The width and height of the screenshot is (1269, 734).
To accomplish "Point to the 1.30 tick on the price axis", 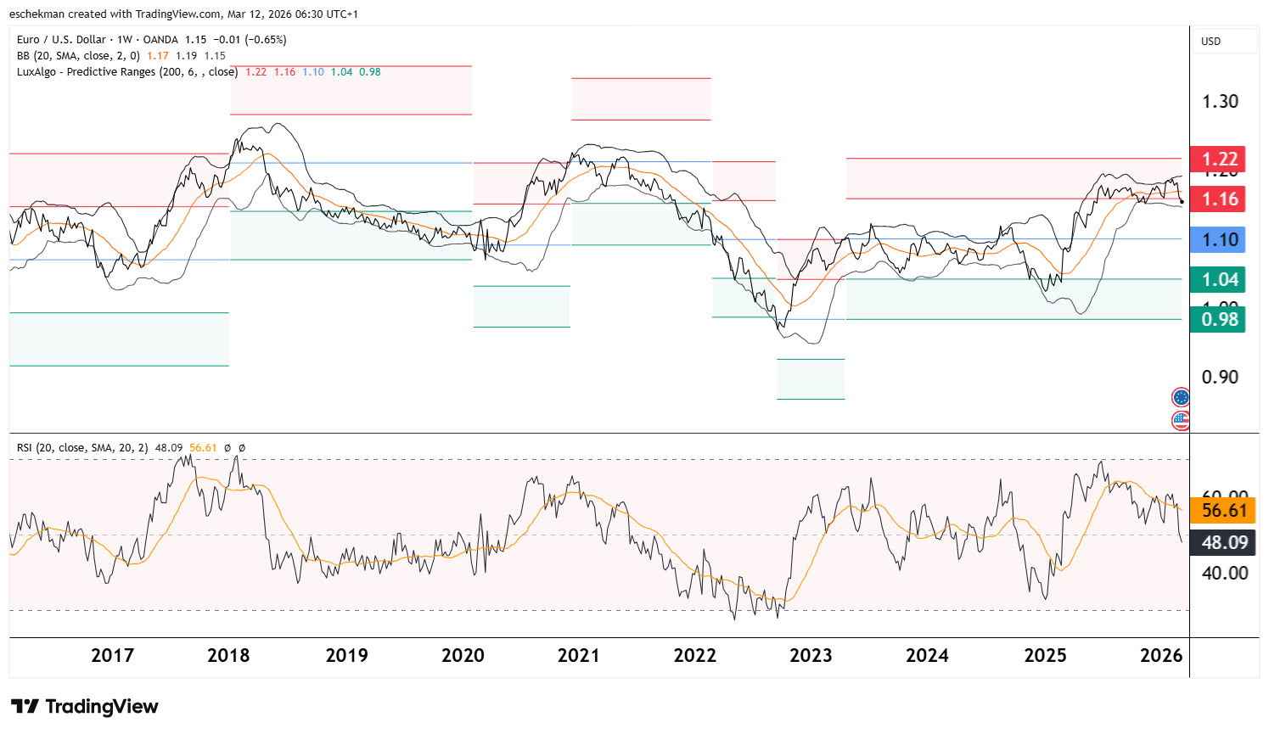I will (x=1220, y=102).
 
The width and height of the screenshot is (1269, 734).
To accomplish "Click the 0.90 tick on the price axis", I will (x=1220, y=378).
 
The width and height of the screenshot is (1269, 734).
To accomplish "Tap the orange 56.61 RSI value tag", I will (x=1222, y=511).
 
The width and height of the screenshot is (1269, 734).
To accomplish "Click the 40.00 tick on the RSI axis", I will (x=1225, y=574).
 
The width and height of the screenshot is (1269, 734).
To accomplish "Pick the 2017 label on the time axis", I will (x=112, y=656).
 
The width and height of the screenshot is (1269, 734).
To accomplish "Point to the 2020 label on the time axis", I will (x=463, y=656).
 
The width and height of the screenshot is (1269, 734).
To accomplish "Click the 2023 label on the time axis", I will (x=811, y=656).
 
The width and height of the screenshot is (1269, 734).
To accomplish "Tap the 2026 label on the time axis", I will (x=1161, y=656).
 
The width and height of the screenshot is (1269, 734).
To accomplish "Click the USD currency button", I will (x=1211, y=42).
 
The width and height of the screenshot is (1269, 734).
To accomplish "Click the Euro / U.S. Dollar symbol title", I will (x=62, y=40).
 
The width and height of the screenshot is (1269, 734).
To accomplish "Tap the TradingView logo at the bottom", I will (x=85, y=707).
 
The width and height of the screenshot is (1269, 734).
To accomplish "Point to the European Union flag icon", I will (x=1181, y=397).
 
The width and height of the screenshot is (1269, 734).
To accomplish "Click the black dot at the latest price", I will (x=1182, y=201).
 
